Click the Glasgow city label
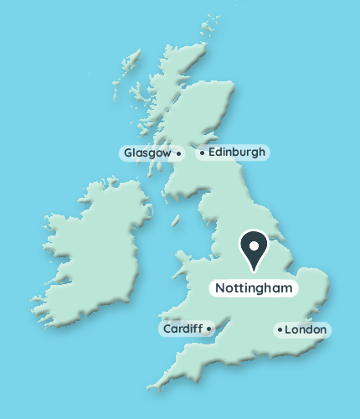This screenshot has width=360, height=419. coord(148,153)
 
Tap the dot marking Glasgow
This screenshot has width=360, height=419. coord(178,154)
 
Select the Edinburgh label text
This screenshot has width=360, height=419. coord(237,153)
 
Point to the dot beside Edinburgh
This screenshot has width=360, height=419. coord(202,153)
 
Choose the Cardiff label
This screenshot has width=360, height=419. coord(182,329)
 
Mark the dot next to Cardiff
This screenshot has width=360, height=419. coord(208,329)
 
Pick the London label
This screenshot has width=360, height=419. coord(305,330)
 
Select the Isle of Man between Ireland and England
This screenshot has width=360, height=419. coord(176,222)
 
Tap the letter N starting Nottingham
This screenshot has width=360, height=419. coord(220,288)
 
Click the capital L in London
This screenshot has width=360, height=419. coord(288,330)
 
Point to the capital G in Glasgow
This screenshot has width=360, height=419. coord(128,153)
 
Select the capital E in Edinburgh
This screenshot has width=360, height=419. coord(212,153)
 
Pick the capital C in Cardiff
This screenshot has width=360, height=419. coord(167,329)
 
